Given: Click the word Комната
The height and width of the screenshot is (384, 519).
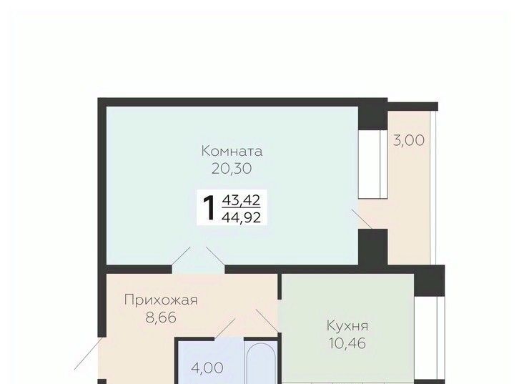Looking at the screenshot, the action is (232, 152).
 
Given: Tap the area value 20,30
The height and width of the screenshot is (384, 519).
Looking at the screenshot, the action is (232, 169).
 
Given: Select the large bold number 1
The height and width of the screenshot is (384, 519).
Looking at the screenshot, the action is (209, 208).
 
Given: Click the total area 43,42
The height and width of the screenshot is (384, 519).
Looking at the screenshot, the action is (241, 200).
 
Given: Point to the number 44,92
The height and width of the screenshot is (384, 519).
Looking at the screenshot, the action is (241, 217).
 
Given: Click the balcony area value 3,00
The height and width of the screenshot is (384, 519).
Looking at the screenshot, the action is (408, 141).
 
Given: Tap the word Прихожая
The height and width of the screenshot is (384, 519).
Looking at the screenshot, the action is (161, 300).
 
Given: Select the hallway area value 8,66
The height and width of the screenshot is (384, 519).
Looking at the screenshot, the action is (161, 317).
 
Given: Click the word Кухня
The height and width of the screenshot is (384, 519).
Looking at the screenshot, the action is (347, 326).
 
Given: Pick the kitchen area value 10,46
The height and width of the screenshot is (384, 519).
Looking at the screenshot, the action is (347, 343).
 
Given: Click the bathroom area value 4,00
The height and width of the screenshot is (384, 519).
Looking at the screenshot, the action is (207, 368).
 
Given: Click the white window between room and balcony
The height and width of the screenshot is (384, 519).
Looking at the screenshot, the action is (373, 164).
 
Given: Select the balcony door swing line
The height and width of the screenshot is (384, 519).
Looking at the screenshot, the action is (361, 219).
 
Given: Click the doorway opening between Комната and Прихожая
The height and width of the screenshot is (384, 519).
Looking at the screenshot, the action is (198, 269).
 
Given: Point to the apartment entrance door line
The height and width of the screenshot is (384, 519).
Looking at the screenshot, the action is (88, 353).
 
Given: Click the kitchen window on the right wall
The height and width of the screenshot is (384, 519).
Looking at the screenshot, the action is (430, 338).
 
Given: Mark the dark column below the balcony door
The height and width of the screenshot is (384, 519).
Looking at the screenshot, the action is (373, 247).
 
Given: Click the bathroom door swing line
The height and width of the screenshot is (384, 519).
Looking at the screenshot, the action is (225, 328).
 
